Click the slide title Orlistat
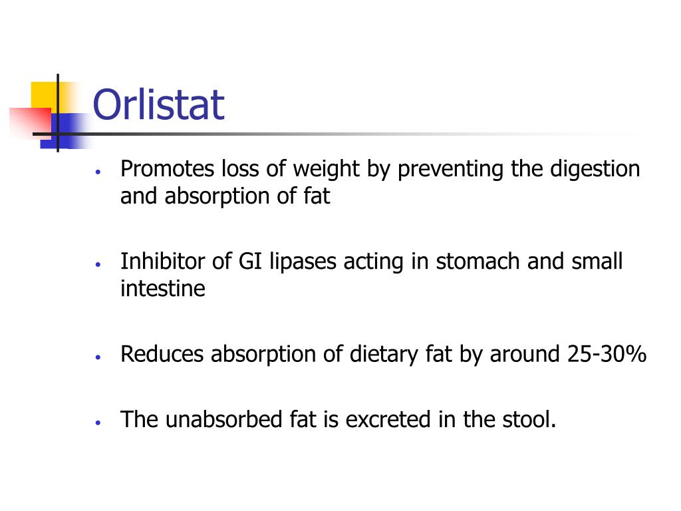point(158,105)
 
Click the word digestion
point(595,170)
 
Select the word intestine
point(163,289)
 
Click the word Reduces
point(162,354)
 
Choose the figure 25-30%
point(607,354)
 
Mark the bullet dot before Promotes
point(98,171)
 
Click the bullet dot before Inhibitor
point(98,263)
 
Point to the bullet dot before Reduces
point(98,356)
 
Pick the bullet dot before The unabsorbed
point(98,422)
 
